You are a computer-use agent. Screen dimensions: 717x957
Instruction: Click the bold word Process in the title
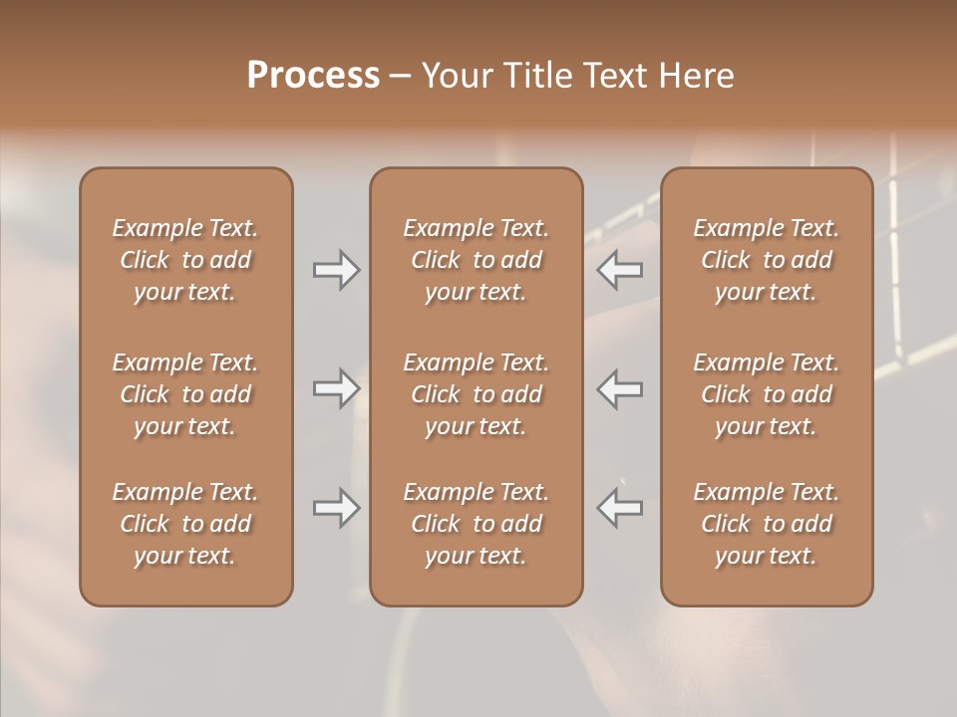(x=313, y=76)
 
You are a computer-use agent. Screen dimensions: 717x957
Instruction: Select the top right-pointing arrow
(x=336, y=270)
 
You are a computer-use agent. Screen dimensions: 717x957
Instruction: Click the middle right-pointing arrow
(x=336, y=388)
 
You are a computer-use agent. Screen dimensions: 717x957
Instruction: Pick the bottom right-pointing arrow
(x=336, y=508)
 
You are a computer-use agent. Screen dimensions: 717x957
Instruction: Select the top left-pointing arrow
(x=620, y=270)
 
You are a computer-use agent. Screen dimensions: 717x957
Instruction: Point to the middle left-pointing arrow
(x=620, y=388)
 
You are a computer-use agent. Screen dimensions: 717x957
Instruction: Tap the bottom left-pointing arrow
(x=620, y=508)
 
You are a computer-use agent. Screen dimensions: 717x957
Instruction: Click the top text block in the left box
(x=185, y=260)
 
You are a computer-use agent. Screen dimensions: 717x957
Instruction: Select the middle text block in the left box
(x=185, y=394)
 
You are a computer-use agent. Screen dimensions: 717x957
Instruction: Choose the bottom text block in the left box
(x=185, y=524)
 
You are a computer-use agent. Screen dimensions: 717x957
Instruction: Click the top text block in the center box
(x=476, y=260)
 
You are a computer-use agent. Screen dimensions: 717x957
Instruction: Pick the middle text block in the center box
(x=476, y=394)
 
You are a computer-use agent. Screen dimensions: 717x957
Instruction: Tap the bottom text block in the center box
(x=476, y=524)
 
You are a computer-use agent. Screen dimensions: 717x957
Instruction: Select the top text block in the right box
(x=767, y=260)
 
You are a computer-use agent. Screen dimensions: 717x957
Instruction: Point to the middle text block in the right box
(x=767, y=394)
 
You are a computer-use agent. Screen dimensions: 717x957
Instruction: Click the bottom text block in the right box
(x=767, y=524)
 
